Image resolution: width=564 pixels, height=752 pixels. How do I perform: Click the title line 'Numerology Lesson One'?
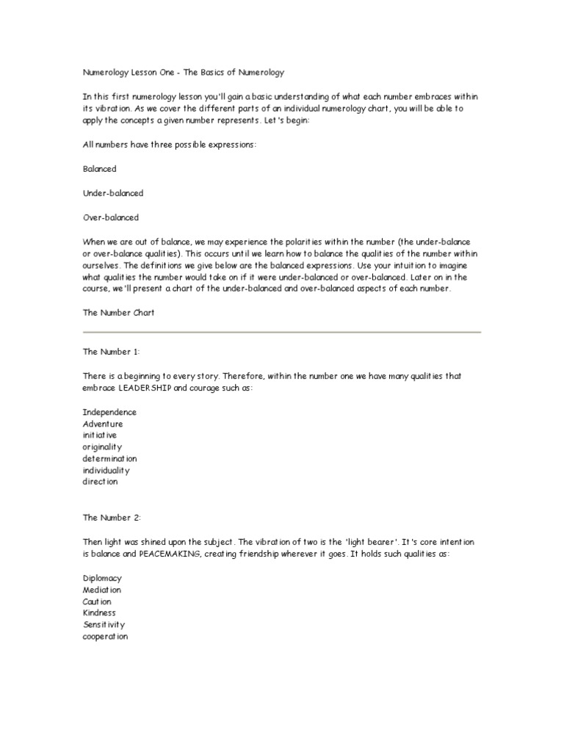point(183,73)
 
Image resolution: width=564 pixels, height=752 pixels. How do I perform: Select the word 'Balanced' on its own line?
point(100,169)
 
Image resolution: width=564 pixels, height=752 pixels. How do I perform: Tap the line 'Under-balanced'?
point(113,193)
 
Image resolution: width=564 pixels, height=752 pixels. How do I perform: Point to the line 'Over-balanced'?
point(111,217)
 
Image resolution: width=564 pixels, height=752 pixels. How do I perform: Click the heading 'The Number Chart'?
point(118,312)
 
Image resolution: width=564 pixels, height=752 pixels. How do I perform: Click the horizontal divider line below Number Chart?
point(281,332)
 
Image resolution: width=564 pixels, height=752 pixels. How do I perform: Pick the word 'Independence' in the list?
point(109,412)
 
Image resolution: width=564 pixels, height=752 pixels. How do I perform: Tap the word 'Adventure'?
point(103,424)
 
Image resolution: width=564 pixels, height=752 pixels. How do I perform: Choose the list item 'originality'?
point(102,446)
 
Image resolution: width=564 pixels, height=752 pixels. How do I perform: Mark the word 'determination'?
point(109,458)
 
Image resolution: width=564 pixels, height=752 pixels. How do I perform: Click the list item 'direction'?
point(100,482)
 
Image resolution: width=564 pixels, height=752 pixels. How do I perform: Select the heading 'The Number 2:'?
point(112,518)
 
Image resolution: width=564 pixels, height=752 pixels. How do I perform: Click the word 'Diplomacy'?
point(102,578)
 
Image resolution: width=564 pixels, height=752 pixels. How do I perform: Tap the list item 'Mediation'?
point(102,590)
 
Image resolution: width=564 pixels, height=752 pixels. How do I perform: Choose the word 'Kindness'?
point(99,612)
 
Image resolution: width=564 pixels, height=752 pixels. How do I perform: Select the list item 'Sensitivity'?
point(104,624)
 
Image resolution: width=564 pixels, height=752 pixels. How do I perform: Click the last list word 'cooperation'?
point(105,636)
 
